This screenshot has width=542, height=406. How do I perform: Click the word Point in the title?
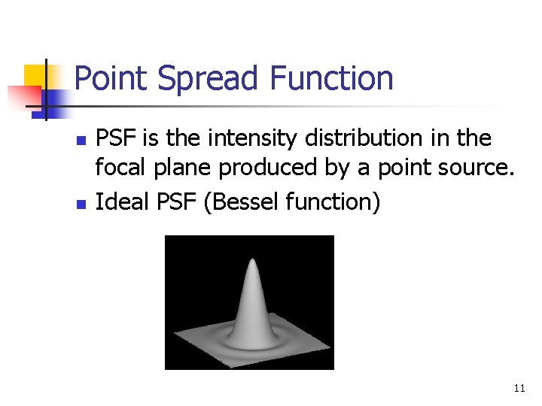[109, 79]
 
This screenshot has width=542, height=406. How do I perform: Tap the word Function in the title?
[330, 79]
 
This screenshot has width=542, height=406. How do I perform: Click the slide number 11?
[519, 389]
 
